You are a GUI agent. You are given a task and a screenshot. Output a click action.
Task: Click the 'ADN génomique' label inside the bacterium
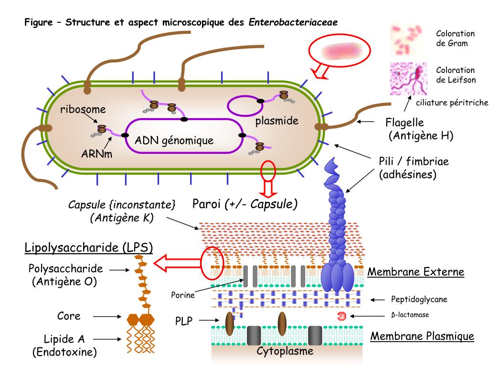pyautogui.click(x=174, y=141)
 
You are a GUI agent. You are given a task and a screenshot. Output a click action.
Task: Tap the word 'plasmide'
pyautogui.click(x=276, y=121)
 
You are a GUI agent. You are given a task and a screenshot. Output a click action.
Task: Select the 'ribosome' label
pyautogui.click(x=83, y=109)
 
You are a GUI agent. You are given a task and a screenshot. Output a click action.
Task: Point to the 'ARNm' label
pyautogui.click(x=96, y=154)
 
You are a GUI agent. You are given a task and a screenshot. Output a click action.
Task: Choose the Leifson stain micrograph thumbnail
pyautogui.click(x=408, y=79)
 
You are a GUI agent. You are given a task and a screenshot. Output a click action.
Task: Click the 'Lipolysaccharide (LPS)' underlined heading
pyautogui.click(x=88, y=248)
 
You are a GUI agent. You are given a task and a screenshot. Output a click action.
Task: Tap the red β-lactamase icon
pyautogui.click(x=342, y=316)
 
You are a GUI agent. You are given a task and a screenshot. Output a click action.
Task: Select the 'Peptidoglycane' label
pyautogui.click(x=419, y=299)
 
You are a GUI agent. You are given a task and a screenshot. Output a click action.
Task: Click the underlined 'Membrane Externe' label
pyautogui.click(x=416, y=272)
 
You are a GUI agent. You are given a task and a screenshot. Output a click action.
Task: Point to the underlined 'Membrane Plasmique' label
pyautogui.click(x=422, y=336)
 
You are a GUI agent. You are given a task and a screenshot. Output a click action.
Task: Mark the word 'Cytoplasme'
pyautogui.click(x=285, y=351)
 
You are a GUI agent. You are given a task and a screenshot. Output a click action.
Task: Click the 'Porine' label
pyautogui.click(x=183, y=295)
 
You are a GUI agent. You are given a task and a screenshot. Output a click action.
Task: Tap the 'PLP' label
pyautogui.click(x=184, y=321)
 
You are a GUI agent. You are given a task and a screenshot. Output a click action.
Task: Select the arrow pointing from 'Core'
pyautogui.click(x=107, y=316)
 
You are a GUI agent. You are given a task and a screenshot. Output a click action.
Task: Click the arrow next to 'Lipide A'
pyautogui.click(x=107, y=339)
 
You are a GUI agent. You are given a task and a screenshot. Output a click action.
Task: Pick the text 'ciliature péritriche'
pyautogui.click(x=452, y=103)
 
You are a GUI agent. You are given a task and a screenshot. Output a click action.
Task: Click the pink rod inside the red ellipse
pyautogui.click(x=341, y=51)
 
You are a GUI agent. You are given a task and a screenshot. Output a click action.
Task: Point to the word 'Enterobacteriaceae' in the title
pyautogui.click(x=293, y=22)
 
